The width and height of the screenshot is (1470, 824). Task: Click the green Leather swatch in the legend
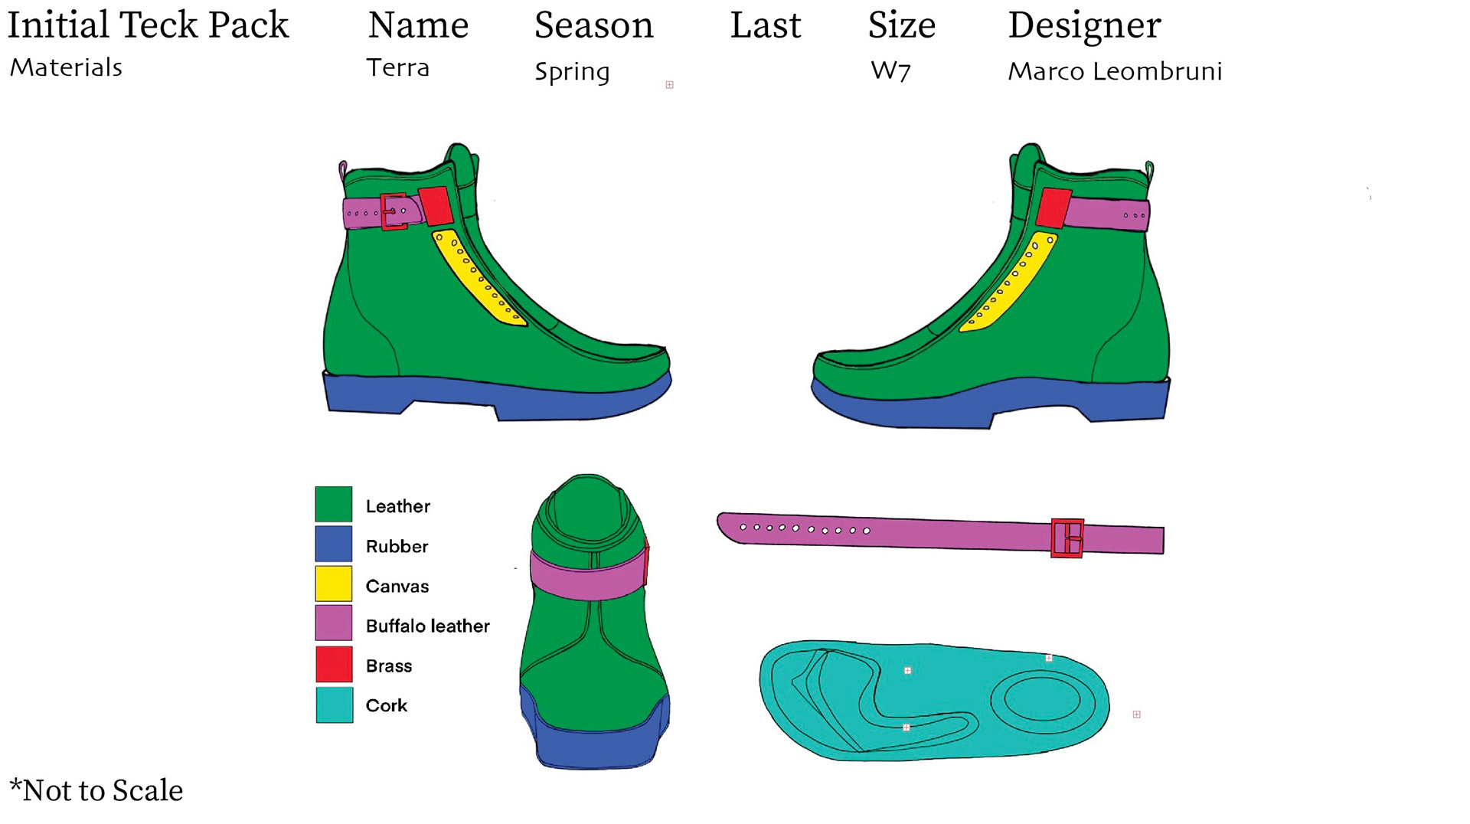tap(334, 504)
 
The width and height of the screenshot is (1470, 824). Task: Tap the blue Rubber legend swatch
tap(334, 544)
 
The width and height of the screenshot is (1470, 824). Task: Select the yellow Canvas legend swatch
tap(334, 584)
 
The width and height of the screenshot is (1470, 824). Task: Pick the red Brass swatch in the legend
tap(334, 664)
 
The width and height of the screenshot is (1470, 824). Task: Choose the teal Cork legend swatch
tap(335, 705)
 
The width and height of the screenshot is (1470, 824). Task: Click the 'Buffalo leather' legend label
tap(427, 626)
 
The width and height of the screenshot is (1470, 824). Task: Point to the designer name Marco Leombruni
tap(1114, 71)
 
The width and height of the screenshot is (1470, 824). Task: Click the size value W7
tap(890, 71)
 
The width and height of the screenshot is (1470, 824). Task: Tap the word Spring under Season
tap(572, 72)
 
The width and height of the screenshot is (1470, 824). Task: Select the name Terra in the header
tap(397, 68)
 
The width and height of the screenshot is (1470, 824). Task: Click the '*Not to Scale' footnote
tap(96, 790)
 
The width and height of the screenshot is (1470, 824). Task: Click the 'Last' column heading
tap(765, 25)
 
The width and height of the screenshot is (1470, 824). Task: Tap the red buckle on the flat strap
tap(1067, 538)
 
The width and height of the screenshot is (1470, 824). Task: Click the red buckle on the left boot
tap(394, 211)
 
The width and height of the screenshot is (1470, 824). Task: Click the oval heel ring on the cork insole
tap(1042, 699)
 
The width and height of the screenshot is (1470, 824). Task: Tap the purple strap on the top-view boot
tap(588, 574)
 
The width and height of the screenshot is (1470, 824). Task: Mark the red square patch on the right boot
tap(1053, 208)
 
